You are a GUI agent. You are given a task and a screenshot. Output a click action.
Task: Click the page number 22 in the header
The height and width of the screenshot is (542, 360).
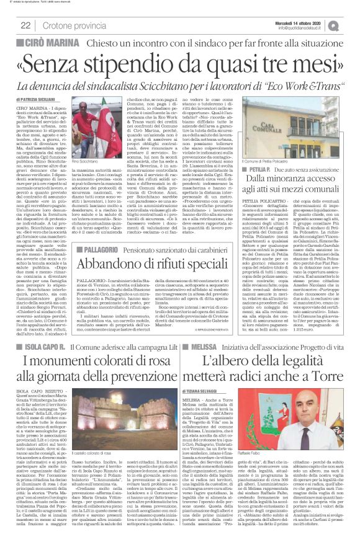tap(27, 25)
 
